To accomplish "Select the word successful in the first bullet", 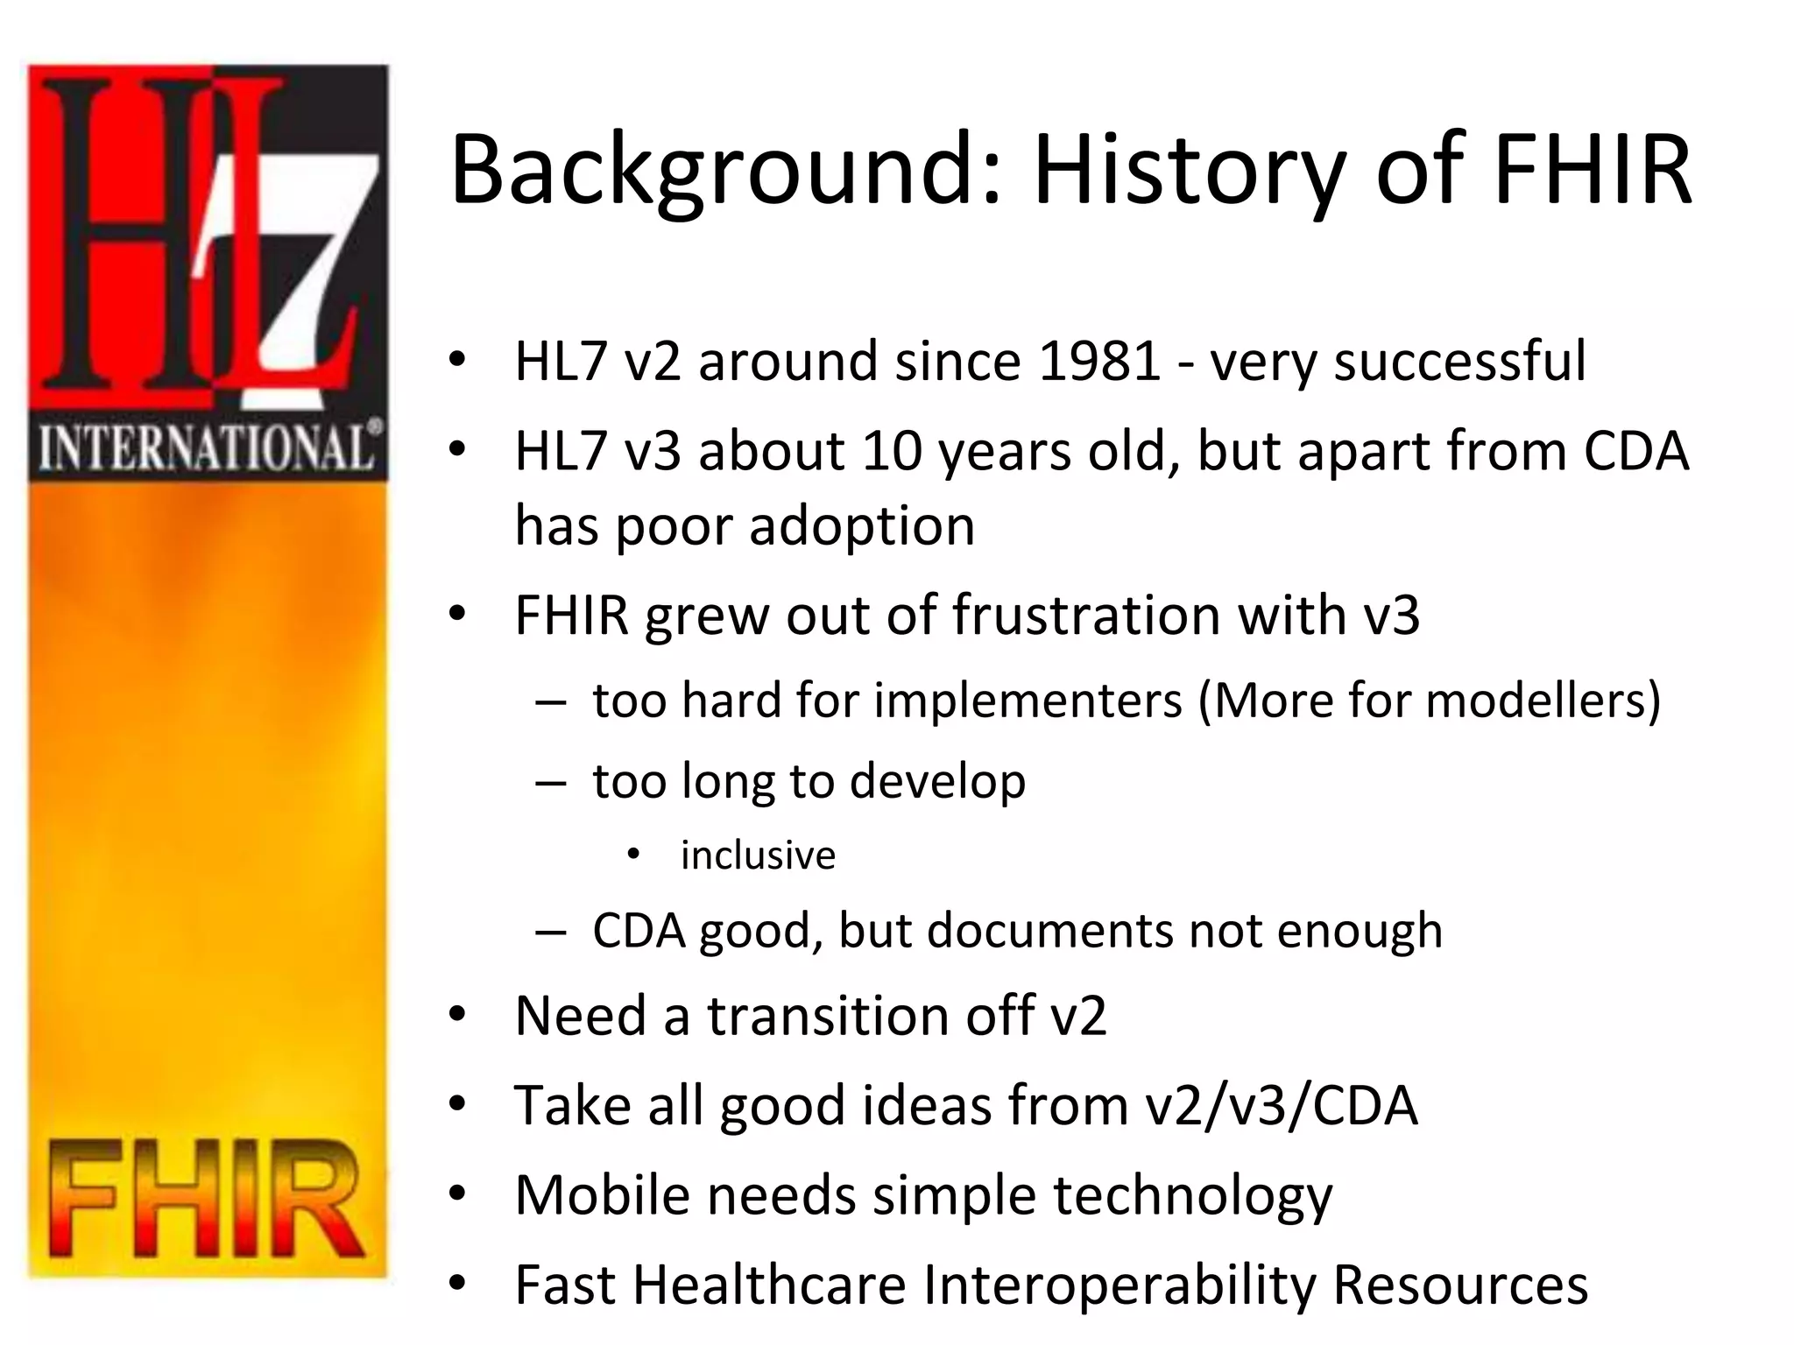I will (x=1459, y=361).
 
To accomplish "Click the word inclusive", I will (x=758, y=856).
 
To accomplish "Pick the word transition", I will (x=829, y=1016).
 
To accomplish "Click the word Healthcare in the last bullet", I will (x=769, y=1285).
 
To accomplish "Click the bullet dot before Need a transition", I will (x=456, y=1016).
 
